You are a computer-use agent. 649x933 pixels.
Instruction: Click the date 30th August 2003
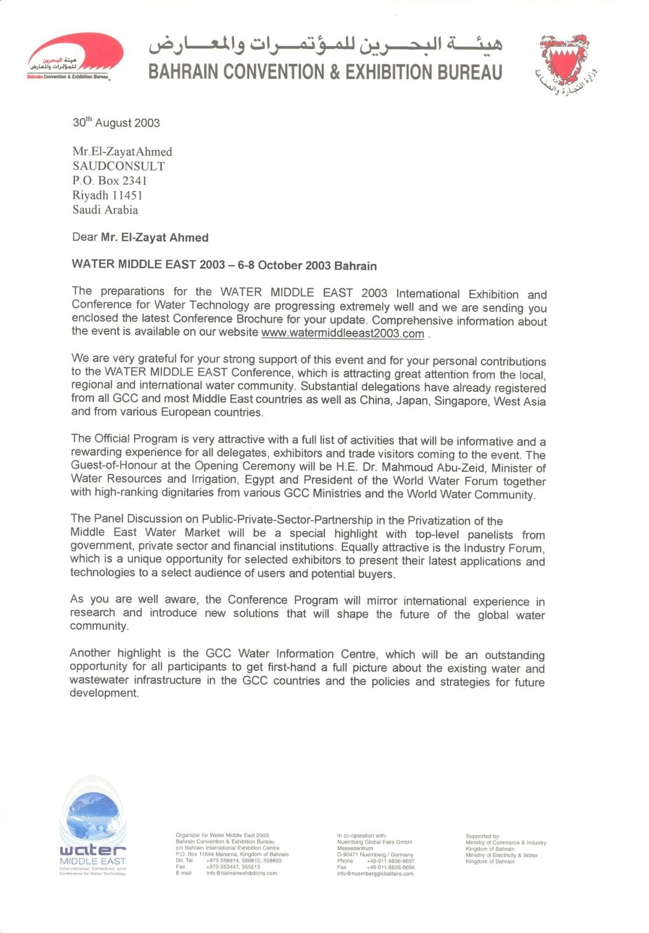pos(116,122)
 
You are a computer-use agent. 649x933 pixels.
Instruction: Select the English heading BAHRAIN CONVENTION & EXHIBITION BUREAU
pos(325,72)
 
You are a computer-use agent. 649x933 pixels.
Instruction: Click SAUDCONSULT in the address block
pos(118,166)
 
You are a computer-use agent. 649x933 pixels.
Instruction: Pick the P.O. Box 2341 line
pos(110,181)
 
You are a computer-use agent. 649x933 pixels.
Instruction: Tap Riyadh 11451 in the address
pos(107,195)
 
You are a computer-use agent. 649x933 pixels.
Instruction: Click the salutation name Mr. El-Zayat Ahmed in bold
pos(154,237)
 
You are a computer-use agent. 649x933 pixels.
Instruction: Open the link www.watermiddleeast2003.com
pos(343,334)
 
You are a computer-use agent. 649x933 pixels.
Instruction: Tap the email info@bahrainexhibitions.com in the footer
pos(242,873)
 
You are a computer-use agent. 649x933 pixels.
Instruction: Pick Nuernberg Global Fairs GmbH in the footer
pos(374,842)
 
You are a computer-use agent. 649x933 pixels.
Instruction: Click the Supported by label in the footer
pos(482,836)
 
